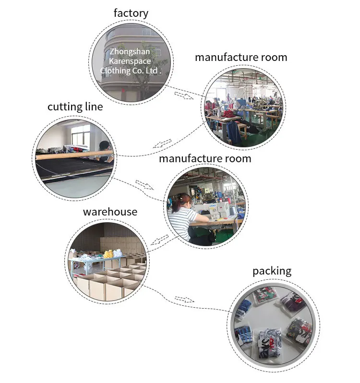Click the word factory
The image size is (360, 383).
coord(131,13)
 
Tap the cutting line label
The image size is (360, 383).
coord(75,107)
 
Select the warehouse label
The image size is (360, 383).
coord(110,212)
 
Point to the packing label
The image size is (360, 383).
coord(272,271)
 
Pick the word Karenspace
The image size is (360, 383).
coord(130,61)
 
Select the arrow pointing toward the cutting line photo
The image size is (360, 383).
coord(162,144)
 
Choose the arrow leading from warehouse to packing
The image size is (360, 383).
coord(183,300)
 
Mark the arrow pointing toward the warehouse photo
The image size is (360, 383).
coord(159,239)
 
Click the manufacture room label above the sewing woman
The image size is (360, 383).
coord(205,158)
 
